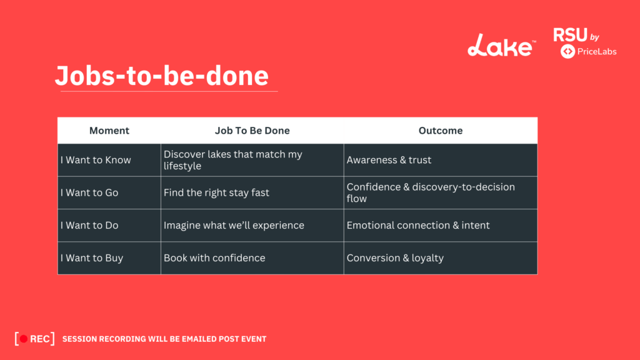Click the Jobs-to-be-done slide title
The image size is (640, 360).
161,76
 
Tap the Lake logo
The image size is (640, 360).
501,45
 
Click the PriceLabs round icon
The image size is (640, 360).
568,51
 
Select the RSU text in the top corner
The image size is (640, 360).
569,35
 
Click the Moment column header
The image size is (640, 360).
109,131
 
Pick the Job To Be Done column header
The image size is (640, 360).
252,131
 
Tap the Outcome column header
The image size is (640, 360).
440,131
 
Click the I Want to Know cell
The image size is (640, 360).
96,160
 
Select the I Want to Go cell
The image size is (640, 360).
89,192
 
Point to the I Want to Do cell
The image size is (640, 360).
89,225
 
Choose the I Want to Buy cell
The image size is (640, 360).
91,257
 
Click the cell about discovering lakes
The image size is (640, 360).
232,160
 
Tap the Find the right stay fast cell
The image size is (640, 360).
216,192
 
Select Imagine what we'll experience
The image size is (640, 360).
234,225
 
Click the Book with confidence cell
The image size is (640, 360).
214,257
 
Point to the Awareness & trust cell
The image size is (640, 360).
389,160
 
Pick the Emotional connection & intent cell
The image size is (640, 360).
418,225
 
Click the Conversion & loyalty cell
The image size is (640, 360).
395,257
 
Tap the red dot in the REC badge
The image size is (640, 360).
24,339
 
